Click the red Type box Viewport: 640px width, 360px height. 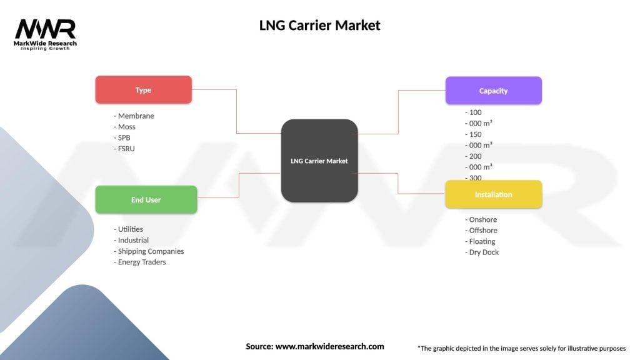point(143,90)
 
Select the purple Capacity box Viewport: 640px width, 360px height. point(493,91)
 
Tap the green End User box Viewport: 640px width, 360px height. point(146,200)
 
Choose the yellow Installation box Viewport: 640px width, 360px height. point(493,194)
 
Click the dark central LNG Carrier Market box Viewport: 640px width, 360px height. point(319,161)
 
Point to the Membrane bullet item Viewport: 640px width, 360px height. point(134,116)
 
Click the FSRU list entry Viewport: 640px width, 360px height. point(124,149)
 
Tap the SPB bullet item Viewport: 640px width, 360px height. point(122,137)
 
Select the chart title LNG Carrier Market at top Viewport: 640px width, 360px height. point(319,26)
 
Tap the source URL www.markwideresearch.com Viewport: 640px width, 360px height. point(329,346)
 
